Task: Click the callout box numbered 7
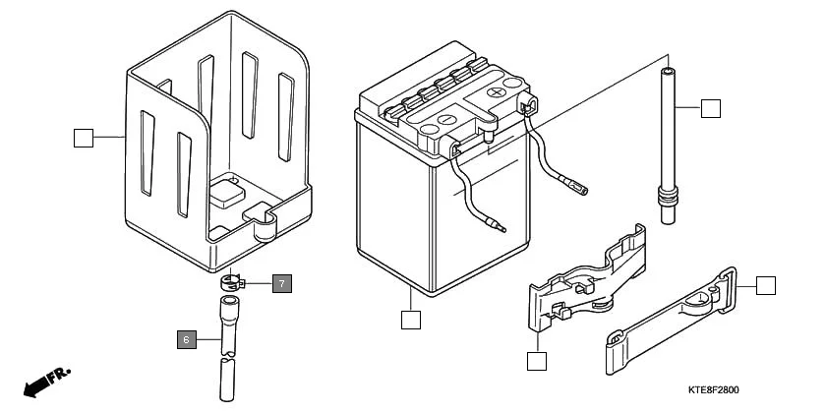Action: pyautogui.click(x=282, y=284)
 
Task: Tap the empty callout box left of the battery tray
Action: pyautogui.click(x=84, y=138)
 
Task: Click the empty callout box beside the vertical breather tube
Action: pyautogui.click(x=711, y=107)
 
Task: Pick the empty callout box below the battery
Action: pyautogui.click(x=411, y=320)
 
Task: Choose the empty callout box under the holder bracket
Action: pyautogui.click(x=536, y=361)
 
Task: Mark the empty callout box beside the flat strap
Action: pyautogui.click(x=766, y=286)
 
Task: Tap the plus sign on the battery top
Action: pyautogui.click(x=498, y=90)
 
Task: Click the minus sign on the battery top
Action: pyautogui.click(x=443, y=120)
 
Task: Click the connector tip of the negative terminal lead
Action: pyautogui.click(x=502, y=230)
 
